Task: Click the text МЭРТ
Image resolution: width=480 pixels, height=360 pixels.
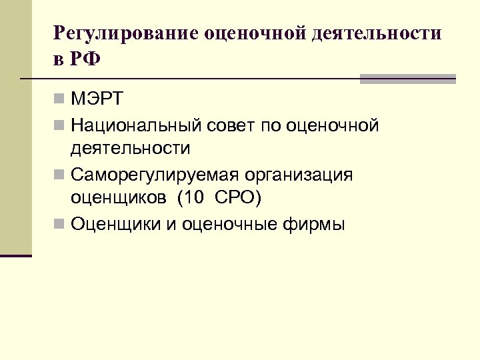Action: [97, 100]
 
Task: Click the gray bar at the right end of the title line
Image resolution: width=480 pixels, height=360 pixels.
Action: [407, 79]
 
